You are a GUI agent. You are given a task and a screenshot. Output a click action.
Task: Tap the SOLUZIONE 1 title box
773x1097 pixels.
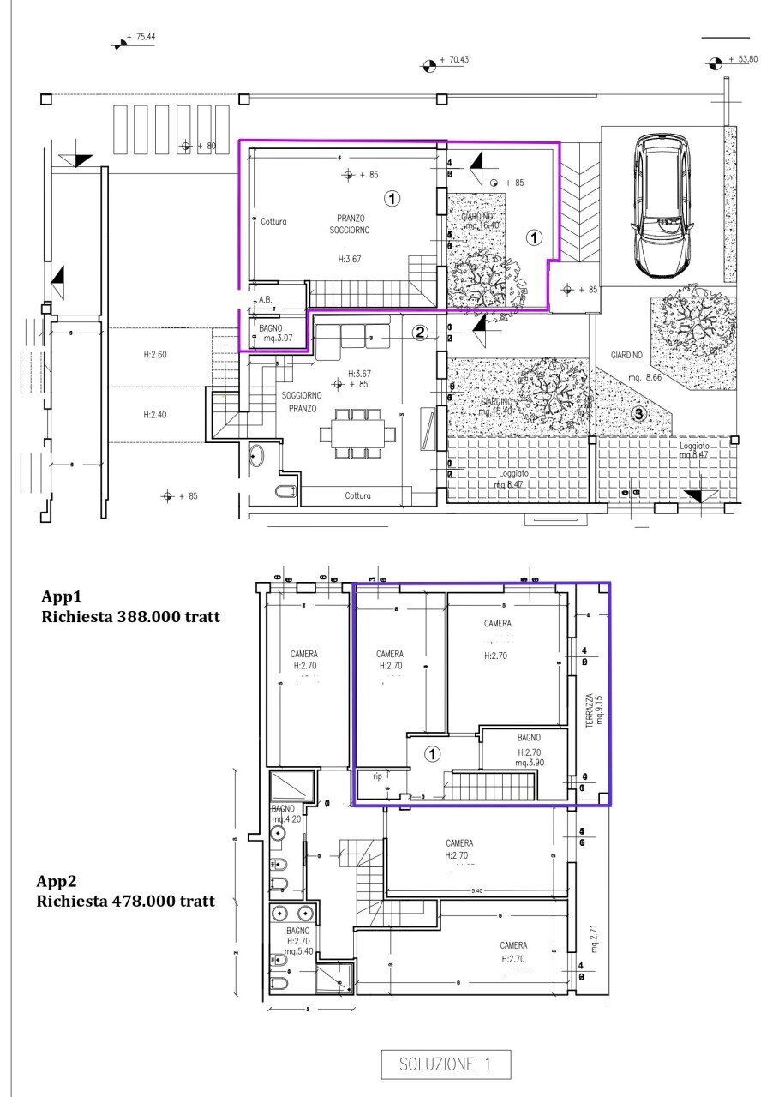coord(446,1064)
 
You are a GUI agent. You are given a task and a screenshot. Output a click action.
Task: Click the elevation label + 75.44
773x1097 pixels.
coord(141,38)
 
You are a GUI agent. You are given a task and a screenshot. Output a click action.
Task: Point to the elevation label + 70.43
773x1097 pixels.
coord(453,60)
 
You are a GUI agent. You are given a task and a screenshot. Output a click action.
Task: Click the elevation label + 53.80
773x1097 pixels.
coord(742,59)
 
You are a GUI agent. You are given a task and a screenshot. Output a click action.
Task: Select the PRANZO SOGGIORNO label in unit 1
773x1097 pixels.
coord(349,225)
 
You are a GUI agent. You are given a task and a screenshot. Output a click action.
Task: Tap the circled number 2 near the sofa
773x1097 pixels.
coord(419,333)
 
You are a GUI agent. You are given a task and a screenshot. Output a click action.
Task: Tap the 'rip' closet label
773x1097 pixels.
coord(376,777)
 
